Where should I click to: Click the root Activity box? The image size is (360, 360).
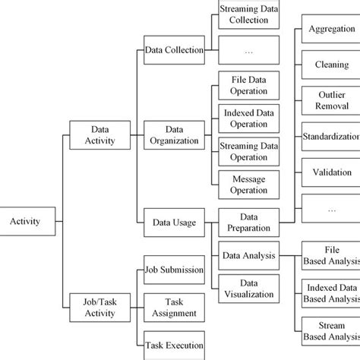[25, 222]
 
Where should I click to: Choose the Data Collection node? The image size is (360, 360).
[174, 50]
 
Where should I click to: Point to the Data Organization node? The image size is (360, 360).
[174, 134]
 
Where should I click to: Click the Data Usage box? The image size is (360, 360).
[174, 223]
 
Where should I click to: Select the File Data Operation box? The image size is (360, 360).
[243, 85]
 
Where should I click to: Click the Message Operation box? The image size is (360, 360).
[243, 184]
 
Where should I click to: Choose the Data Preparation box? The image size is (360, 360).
[248, 222]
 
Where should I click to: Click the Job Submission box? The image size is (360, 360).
[174, 270]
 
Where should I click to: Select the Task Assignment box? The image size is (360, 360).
[174, 307]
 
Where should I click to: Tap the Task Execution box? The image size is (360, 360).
[174, 345]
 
